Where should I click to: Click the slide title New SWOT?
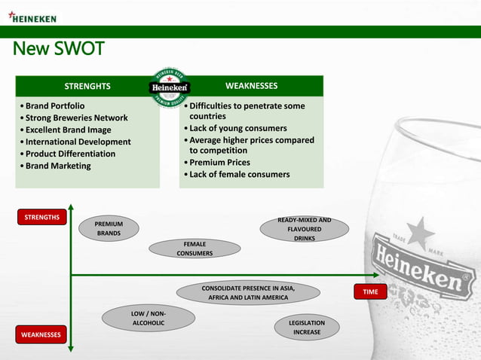click(58, 50)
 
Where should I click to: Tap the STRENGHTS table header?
click(87, 86)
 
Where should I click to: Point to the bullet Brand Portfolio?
click(55, 106)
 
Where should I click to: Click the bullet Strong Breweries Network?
click(76, 118)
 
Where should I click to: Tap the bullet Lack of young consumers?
click(237, 128)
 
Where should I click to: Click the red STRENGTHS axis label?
click(42, 218)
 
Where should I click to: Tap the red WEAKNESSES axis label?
click(41, 334)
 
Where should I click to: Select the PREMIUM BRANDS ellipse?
click(109, 228)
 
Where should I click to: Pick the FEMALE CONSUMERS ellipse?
click(195, 249)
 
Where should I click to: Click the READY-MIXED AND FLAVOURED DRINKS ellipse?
click(304, 229)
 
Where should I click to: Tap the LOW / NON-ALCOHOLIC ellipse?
click(149, 318)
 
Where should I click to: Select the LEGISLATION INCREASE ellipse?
click(307, 327)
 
